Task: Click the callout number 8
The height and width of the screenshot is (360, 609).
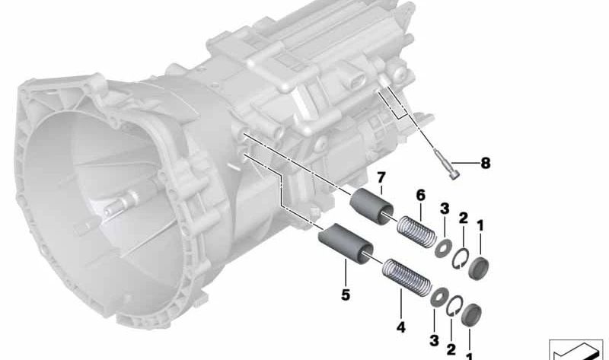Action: coord(486,163)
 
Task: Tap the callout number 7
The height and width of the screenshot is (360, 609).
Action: coord(381,178)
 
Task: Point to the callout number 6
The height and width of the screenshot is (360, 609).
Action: coord(421,196)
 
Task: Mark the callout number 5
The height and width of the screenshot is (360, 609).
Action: coord(346,295)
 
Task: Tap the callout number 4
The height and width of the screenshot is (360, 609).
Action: coord(401,327)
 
